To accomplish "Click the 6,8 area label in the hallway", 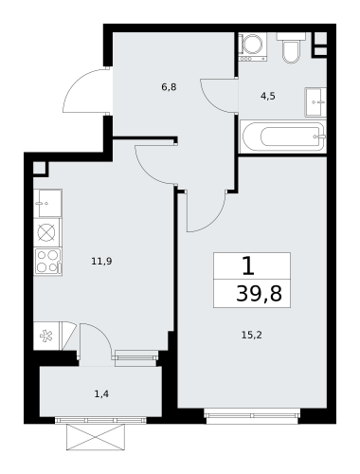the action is coord(169,87).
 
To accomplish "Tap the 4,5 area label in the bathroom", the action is coord(268,96).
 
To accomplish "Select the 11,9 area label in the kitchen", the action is coord(102,262).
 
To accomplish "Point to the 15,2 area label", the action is coord(252,335).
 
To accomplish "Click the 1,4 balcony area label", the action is coord(102,394).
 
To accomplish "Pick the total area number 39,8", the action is coord(259,294).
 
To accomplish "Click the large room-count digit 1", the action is coord(248,265).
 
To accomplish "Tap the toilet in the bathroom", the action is coord(291,47).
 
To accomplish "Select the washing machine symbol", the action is coord(253,46).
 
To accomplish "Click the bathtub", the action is coord(283,137).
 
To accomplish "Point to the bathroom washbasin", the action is coord(315,102).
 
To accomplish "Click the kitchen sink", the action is coord(47,204).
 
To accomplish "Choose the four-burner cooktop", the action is coord(48,262).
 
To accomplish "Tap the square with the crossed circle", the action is coord(46,232).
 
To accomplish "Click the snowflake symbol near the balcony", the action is coord(46,336).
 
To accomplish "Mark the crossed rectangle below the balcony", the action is coord(96,437).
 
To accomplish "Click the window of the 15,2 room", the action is coord(252,415).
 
